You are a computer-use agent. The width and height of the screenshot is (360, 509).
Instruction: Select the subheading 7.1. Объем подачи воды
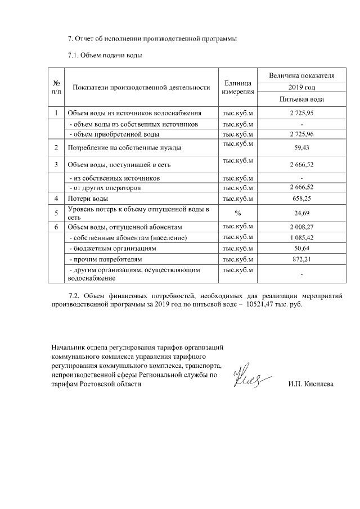(105, 55)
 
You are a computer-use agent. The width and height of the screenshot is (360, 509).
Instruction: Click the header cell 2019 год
(301, 87)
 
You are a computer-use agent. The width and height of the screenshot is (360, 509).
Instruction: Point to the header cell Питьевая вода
(301, 99)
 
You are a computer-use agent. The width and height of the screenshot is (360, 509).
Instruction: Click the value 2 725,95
(301, 114)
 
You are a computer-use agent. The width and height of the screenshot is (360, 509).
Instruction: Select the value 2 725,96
(301, 134)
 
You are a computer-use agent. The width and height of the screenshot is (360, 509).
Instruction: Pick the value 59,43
(301, 148)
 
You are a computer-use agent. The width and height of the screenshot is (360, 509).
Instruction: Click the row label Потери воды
(88, 199)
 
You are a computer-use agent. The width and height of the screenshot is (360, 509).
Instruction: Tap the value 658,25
(301, 199)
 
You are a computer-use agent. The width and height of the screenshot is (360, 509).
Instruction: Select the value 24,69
(301, 213)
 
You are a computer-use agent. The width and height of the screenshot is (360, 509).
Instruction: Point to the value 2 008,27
(301, 227)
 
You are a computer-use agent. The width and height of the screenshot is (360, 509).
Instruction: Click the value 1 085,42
(301, 238)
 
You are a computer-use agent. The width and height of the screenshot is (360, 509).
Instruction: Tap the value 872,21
(301, 259)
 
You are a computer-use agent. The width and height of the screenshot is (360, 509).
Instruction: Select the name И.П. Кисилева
(310, 384)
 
